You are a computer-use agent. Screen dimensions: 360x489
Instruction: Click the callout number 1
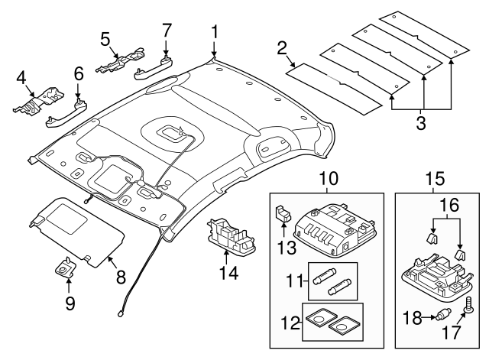coord(215,31)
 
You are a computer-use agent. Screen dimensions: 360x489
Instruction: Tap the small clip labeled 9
coord(66,270)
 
